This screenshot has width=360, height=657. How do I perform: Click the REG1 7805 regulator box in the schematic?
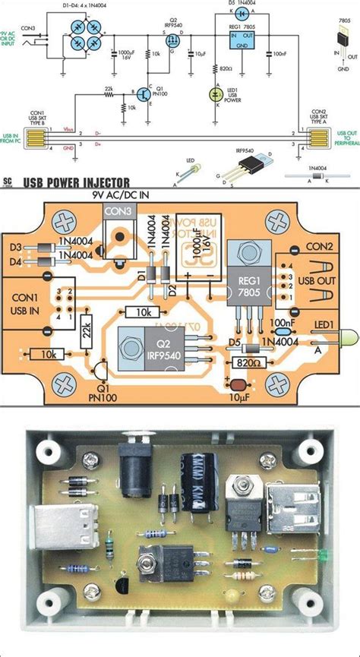(x=245, y=39)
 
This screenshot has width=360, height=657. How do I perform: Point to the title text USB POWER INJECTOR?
(x=76, y=182)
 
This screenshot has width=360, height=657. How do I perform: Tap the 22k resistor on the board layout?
(x=86, y=332)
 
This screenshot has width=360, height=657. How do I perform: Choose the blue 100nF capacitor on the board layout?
(x=283, y=324)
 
